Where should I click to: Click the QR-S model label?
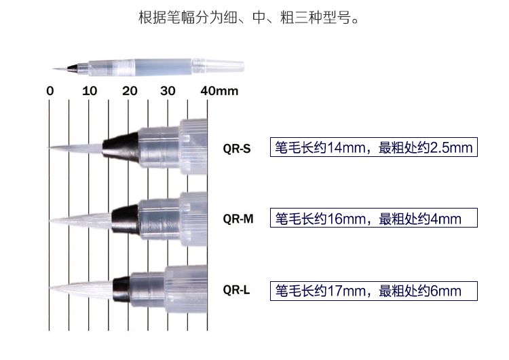click(236, 147)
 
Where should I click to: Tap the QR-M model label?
click(238, 219)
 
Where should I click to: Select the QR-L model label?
click(236, 290)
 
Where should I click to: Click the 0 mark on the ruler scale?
click(50, 91)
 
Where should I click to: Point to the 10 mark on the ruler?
click(89, 91)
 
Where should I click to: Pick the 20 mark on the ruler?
click(130, 91)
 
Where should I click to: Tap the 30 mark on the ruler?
click(168, 91)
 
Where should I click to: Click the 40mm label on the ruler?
click(219, 91)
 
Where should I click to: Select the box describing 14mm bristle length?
click(373, 147)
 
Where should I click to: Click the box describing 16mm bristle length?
click(373, 219)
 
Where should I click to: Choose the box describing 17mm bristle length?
click(373, 291)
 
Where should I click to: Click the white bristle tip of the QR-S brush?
click(75, 147)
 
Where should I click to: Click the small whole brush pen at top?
click(149, 67)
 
